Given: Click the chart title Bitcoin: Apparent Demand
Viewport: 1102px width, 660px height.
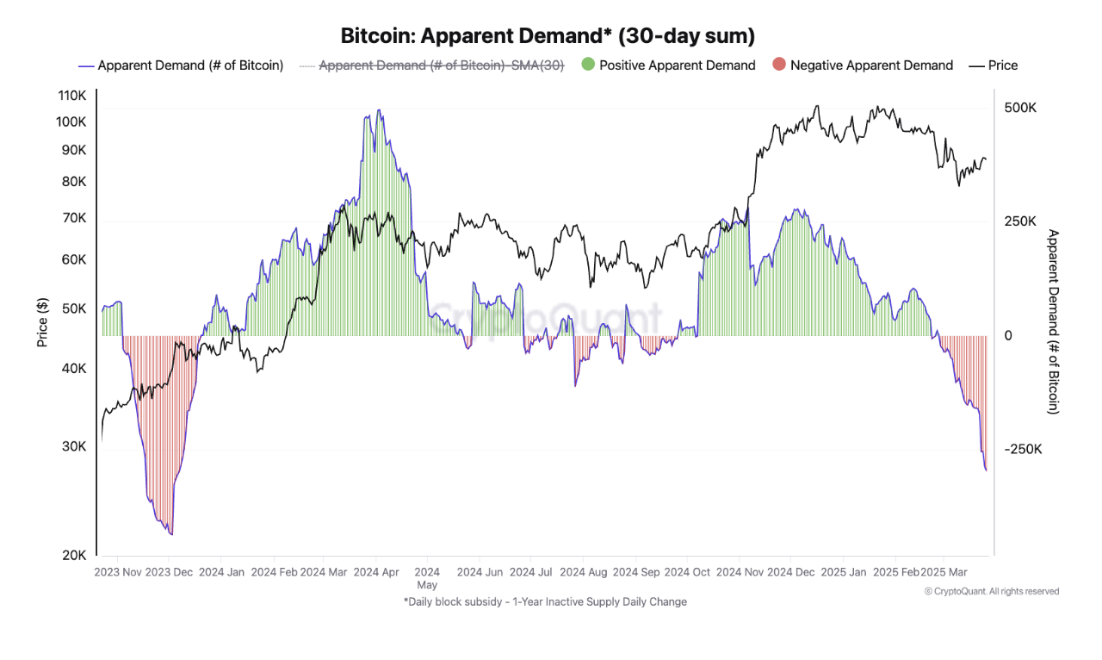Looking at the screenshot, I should click(548, 36).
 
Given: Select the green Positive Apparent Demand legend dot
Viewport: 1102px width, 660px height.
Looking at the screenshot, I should click(589, 65).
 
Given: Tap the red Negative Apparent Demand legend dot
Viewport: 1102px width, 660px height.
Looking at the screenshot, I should click(779, 65).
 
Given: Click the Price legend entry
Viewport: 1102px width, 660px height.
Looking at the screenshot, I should click(994, 65).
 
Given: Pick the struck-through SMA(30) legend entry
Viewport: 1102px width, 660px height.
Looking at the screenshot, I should click(431, 65).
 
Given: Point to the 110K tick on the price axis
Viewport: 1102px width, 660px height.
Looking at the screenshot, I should click(71, 96).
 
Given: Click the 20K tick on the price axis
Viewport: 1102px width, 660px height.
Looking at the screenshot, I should click(74, 555).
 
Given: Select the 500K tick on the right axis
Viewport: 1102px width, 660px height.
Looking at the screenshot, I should click(1020, 108).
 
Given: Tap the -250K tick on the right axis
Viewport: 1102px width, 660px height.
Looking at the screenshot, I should click(1024, 449).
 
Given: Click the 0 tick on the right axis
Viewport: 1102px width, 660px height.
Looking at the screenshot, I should click(1008, 335).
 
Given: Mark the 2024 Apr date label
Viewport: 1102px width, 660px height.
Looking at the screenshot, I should click(377, 571).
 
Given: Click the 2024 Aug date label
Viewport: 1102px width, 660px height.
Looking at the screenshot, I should click(583, 571).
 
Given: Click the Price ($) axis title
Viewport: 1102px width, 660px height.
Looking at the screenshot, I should click(42, 323).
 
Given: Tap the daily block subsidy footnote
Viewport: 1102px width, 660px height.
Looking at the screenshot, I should click(545, 601).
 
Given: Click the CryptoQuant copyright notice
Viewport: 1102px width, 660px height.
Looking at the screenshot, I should click(992, 591).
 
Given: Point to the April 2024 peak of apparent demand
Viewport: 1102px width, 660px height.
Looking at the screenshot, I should click(378, 110).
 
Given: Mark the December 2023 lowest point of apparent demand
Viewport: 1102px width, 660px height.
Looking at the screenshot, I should click(172, 534).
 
